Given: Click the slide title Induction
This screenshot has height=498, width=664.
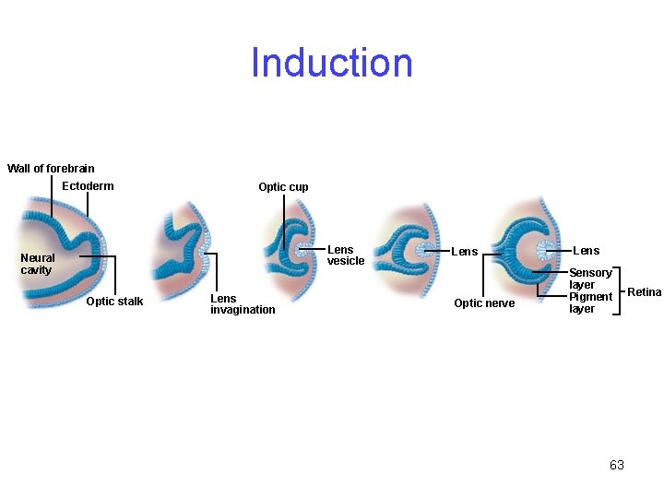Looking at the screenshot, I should point(332,63).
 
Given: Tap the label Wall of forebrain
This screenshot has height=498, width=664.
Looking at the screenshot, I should point(51,169).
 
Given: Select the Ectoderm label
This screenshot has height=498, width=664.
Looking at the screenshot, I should point(88,186).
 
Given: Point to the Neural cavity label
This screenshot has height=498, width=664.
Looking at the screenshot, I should point(38,264).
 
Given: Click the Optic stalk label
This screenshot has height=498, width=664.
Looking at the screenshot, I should point(114,302).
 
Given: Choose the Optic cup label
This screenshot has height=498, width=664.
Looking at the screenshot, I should point(283,187).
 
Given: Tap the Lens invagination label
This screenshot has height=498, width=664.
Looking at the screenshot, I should point(243,304).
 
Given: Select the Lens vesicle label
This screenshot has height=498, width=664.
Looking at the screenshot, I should point(346,255).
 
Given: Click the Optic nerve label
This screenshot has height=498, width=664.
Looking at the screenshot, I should point(484,303).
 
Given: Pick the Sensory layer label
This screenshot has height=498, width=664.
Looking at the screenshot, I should point(590,279).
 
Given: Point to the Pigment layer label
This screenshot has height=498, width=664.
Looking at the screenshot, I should point(590,302).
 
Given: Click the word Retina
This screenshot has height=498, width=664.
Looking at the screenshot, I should point(644,292).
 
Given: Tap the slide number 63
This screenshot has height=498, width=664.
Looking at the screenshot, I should point(616,465).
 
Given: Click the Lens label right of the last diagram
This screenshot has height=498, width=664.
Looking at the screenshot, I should point(586,251).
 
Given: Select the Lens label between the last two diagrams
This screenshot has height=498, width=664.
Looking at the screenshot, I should point(464,252).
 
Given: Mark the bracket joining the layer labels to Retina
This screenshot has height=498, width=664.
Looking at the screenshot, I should point(620,290).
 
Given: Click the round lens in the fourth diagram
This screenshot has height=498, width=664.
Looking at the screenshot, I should point(428,250).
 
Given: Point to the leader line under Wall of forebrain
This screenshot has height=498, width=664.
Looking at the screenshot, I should point(53,196).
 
